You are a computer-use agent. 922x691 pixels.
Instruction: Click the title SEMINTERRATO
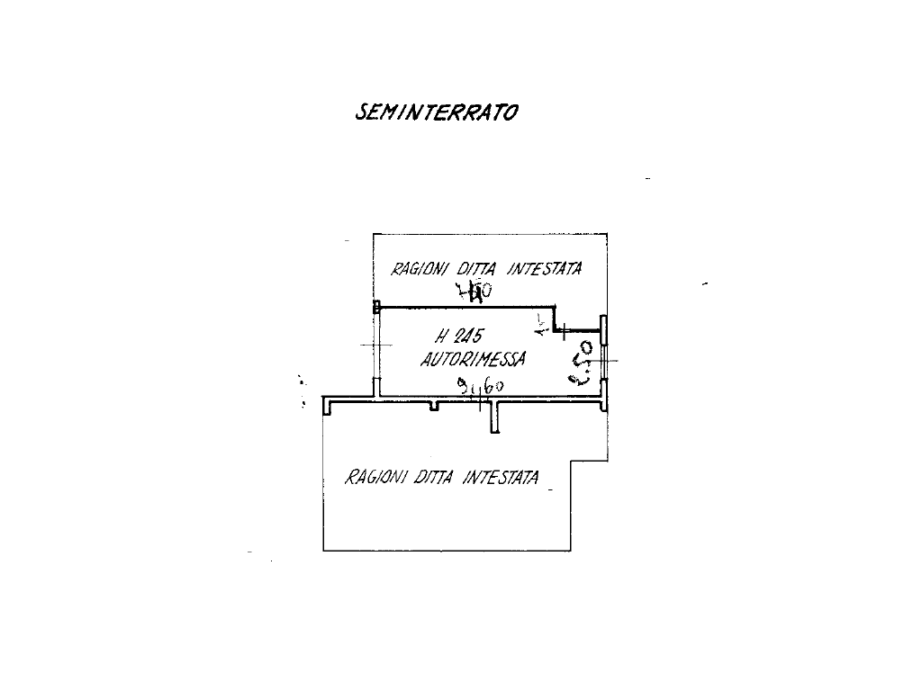[438, 112]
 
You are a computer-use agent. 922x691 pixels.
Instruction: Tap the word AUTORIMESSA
[473, 360]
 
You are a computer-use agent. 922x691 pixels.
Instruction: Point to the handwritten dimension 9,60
[480, 387]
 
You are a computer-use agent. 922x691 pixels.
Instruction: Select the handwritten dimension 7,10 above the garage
[474, 291]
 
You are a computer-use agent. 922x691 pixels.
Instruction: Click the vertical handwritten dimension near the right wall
[583, 362]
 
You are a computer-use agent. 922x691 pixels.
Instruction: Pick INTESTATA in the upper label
[544, 267]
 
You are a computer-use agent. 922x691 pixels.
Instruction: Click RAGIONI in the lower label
[375, 477]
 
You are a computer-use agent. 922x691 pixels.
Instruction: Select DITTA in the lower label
[436, 477]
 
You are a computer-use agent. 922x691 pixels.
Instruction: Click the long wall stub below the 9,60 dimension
[494, 418]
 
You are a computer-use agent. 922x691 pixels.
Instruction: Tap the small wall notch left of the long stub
[434, 406]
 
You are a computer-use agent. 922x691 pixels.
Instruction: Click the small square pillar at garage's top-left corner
[378, 306]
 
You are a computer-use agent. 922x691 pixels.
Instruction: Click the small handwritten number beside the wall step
[541, 324]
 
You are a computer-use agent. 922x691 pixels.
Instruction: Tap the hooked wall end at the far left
[327, 406]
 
